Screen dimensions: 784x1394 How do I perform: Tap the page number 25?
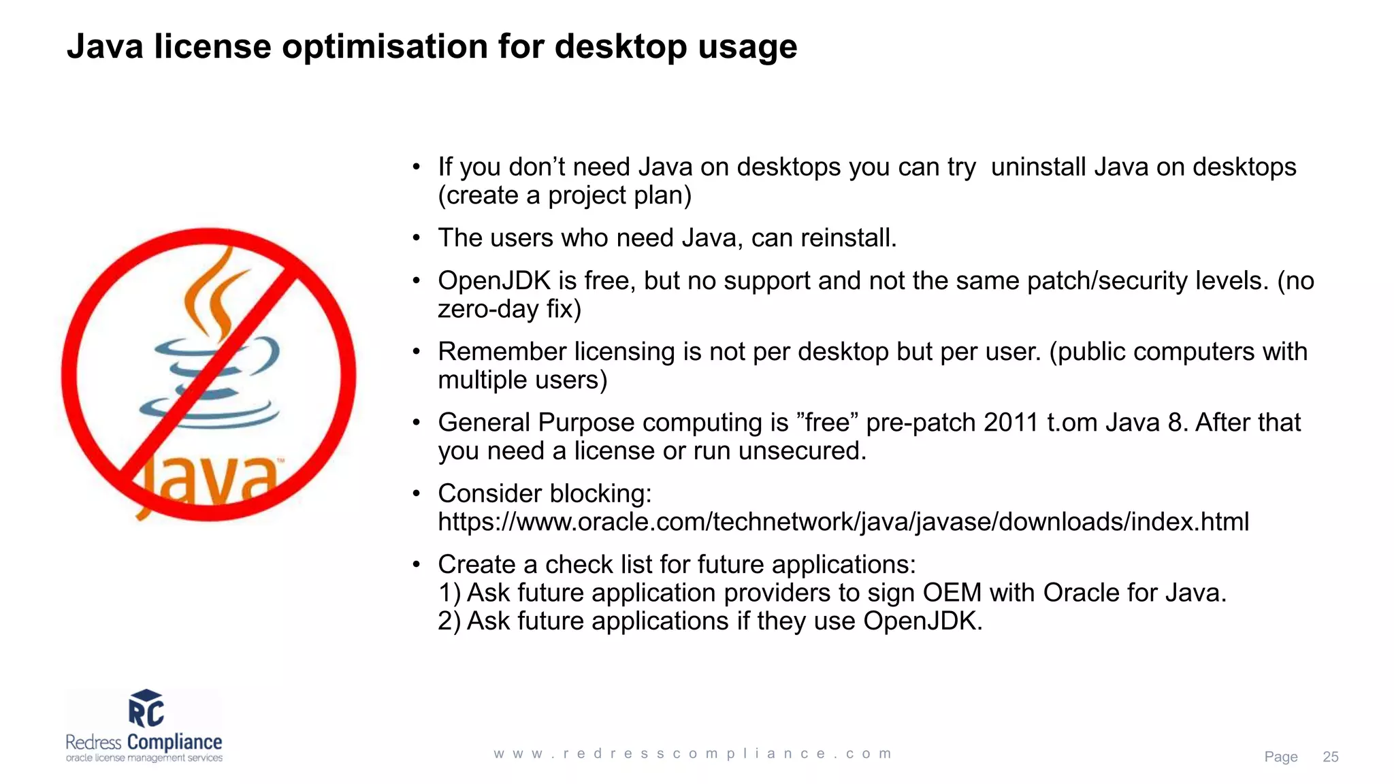(1330, 757)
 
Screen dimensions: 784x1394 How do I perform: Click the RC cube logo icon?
(146, 708)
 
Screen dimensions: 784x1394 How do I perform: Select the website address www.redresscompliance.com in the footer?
(693, 753)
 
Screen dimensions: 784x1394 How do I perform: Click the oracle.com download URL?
(843, 522)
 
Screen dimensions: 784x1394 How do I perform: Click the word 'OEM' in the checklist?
(952, 593)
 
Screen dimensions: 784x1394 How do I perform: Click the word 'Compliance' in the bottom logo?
(174, 742)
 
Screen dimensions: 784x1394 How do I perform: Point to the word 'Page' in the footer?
(1280, 757)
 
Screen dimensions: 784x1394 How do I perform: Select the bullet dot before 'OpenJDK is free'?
(416, 281)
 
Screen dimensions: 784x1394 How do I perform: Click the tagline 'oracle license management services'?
(144, 758)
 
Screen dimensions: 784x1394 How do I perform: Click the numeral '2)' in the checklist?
(449, 621)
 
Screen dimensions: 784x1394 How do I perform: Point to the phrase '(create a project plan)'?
(565, 196)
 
